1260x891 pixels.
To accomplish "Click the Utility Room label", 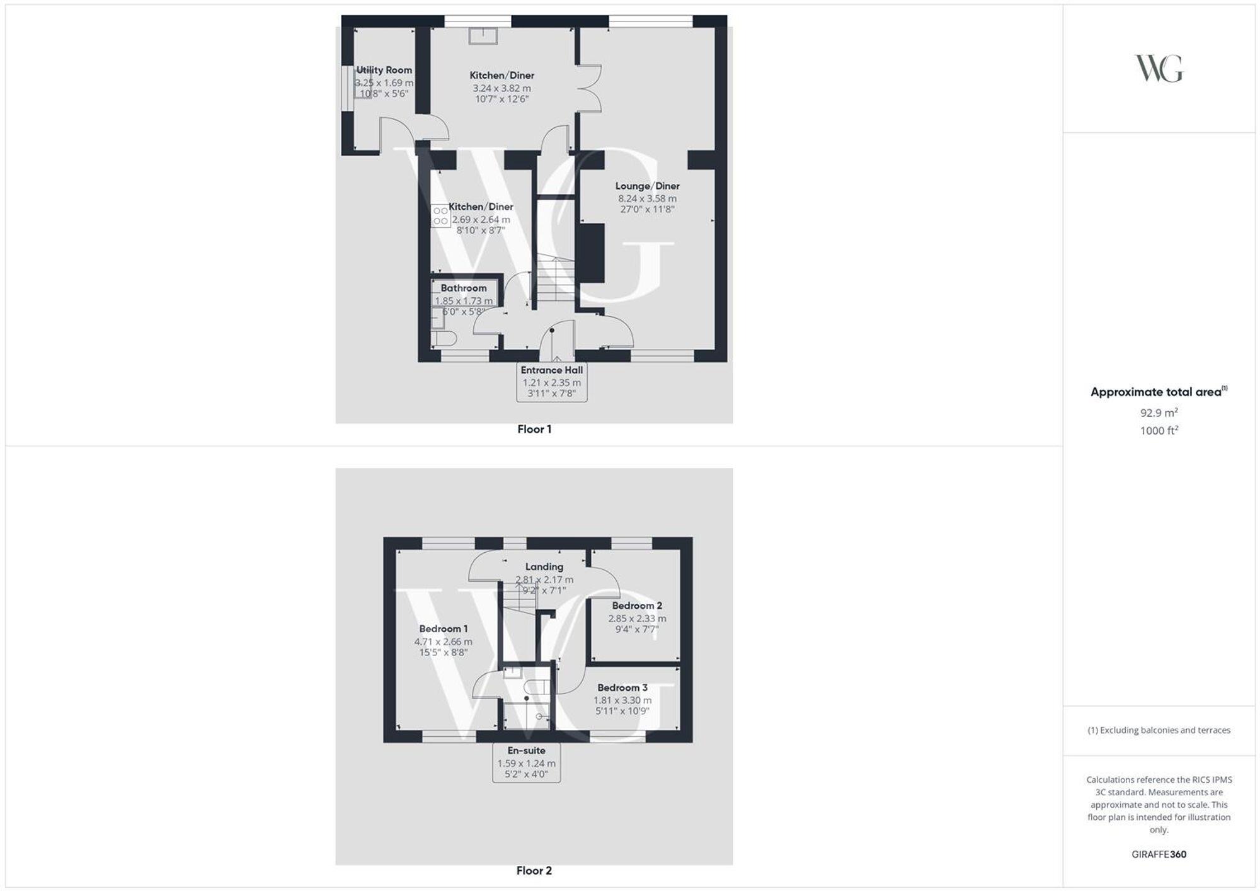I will (x=384, y=70).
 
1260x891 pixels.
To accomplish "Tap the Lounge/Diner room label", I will (x=647, y=186).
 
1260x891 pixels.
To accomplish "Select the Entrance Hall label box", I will (x=551, y=382).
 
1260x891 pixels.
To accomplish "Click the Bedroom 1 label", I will (x=444, y=628).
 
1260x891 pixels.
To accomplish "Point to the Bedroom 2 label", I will (x=637, y=606).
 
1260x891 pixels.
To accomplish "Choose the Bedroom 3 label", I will (x=622, y=688).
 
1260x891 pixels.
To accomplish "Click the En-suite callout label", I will (x=526, y=763).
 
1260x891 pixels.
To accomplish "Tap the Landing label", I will (x=544, y=567).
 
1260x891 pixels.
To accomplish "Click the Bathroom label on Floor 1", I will (x=464, y=288).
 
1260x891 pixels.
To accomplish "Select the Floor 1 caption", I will (x=534, y=429).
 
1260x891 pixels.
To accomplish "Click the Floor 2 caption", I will (x=534, y=871).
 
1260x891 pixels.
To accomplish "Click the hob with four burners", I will (x=440, y=215).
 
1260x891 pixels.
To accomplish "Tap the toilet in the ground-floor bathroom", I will (x=445, y=339).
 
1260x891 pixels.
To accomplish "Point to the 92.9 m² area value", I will (x=1159, y=413).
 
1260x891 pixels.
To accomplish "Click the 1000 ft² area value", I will (x=1159, y=431).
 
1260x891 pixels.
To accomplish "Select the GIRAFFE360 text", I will (x=1159, y=854).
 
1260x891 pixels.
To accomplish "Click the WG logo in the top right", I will (x=1159, y=68).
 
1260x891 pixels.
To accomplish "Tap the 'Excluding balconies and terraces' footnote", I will (x=1159, y=730).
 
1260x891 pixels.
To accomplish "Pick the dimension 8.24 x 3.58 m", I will (x=647, y=198).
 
